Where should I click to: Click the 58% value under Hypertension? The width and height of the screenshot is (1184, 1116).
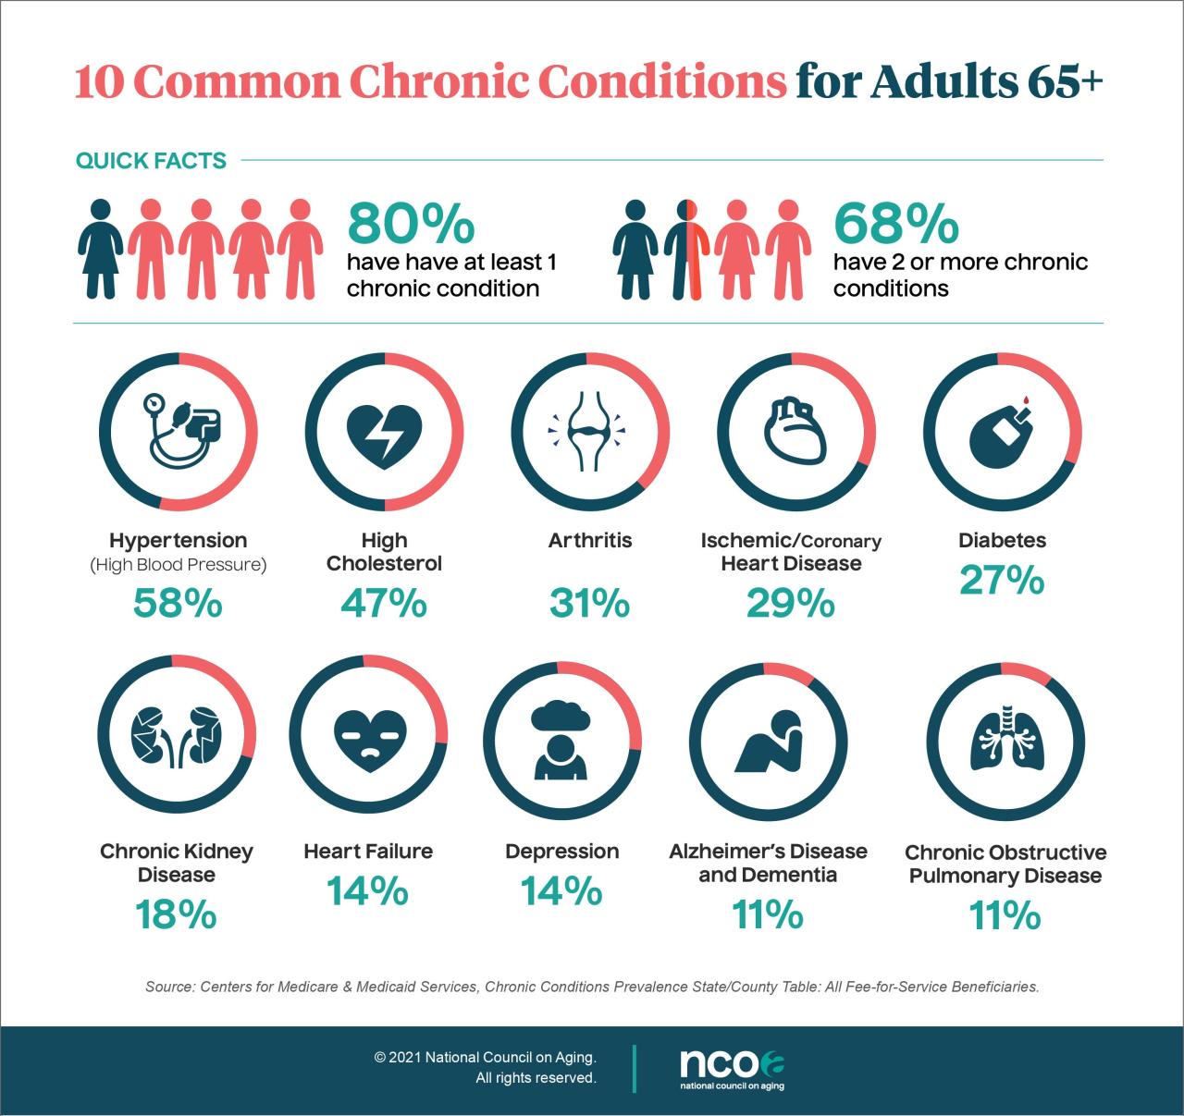(x=178, y=604)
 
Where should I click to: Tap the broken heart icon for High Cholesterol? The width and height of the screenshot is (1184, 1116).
(x=384, y=433)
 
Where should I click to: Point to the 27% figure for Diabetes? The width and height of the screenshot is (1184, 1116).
(x=1002, y=581)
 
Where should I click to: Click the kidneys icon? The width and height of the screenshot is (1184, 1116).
(x=177, y=734)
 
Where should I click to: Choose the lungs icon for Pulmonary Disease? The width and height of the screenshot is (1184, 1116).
(x=1005, y=735)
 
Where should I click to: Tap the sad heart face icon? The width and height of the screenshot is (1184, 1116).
(x=368, y=734)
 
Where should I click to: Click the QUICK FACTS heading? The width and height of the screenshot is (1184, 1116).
(x=151, y=161)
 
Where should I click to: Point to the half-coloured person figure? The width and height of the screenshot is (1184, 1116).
(x=686, y=250)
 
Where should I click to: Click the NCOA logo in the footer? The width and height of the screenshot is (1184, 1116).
(x=732, y=1068)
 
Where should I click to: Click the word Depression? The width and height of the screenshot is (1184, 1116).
(x=561, y=851)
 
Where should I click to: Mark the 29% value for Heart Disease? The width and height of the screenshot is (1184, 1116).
(x=791, y=604)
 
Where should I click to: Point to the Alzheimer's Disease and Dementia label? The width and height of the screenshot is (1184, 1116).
(x=768, y=863)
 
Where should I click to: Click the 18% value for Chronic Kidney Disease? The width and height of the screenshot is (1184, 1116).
(x=176, y=914)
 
